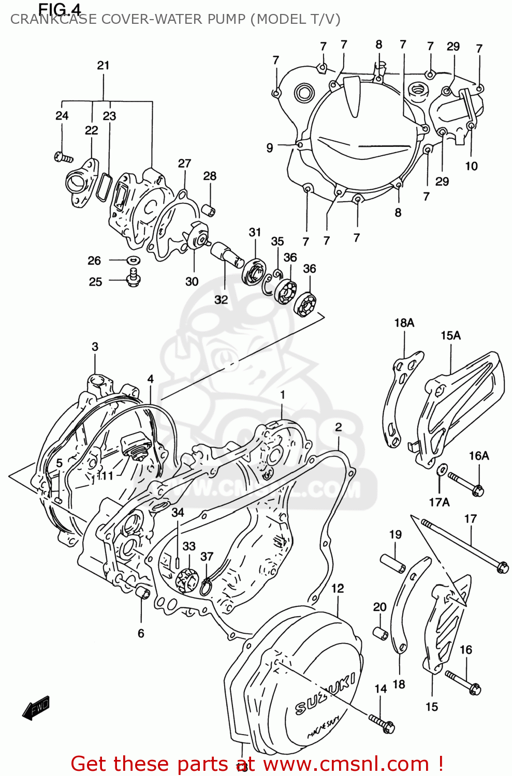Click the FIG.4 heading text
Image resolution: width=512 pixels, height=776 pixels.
(x=60, y=9)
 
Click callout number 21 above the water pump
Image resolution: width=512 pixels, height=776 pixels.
(x=103, y=65)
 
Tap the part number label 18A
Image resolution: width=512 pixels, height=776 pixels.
(x=404, y=323)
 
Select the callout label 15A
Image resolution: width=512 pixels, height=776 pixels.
(x=450, y=335)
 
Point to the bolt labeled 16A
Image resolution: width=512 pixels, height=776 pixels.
(x=466, y=483)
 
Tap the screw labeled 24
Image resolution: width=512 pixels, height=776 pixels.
(x=63, y=156)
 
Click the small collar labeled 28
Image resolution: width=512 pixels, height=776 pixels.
(x=209, y=211)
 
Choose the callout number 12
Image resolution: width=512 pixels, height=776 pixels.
(x=338, y=588)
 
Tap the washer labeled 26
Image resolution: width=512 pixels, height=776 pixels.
(x=133, y=260)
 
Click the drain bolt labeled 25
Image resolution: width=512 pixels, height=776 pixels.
(x=133, y=278)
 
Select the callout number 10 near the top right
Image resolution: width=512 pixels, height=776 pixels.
(x=471, y=166)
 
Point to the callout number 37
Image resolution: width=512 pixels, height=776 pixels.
(x=207, y=556)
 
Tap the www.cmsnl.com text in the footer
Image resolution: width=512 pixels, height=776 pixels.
(x=346, y=764)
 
